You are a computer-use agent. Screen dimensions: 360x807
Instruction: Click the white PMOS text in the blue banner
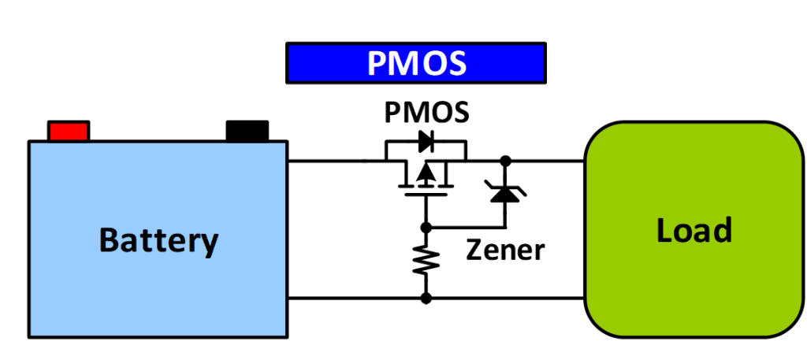(x=416, y=63)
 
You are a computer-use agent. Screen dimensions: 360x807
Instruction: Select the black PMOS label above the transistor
(x=426, y=112)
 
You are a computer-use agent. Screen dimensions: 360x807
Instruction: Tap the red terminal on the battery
(x=69, y=131)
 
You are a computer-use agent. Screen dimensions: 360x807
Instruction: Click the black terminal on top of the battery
(x=247, y=131)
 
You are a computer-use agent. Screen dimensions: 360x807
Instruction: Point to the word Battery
(x=158, y=239)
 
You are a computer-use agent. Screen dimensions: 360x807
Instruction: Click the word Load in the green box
(x=694, y=230)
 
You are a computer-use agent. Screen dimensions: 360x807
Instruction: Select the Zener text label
(x=504, y=251)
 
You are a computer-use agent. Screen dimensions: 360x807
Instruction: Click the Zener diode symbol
(x=504, y=189)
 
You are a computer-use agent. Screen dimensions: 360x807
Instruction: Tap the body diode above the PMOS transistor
(x=426, y=142)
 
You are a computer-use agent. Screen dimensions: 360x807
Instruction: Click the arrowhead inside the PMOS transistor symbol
(x=426, y=173)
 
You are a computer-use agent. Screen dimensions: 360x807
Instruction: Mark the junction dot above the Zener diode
(x=504, y=161)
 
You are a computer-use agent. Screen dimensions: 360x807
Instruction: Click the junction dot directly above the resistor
(x=426, y=227)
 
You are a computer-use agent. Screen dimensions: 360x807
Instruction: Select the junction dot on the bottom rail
(x=426, y=299)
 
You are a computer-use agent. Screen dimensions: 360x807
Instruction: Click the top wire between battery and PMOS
(x=331, y=161)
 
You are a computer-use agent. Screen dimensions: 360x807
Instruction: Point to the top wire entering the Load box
(x=552, y=161)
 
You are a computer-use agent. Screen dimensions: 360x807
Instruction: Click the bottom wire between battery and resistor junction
(x=355, y=299)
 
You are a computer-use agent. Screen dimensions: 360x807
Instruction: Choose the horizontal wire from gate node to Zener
(x=465, y=227)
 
